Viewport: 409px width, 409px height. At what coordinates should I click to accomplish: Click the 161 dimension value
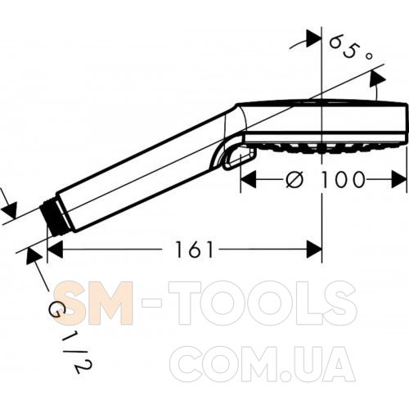pyautogui.click(x=194, y=249)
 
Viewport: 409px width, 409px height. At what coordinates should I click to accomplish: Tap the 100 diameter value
pyautogui.click(x=343, y=179)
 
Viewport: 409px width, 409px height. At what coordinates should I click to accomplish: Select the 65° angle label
pyautogui.click(x=350, y=47)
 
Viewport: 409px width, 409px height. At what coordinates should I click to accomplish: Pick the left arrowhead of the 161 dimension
pyautogui.click(x=55, y=249)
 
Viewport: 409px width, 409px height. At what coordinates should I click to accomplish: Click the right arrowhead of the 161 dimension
pyautogui.click(x=314, y=249)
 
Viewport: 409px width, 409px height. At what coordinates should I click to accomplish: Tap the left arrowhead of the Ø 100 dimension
pyautogui.click(x=249, y=179)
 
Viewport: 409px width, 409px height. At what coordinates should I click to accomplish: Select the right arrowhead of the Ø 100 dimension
pyautogui.click(x=399, y=179)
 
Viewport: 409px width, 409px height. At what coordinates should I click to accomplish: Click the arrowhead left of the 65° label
pyautogui.click(x=313, y=38)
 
